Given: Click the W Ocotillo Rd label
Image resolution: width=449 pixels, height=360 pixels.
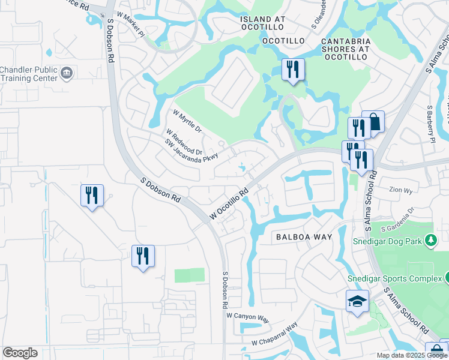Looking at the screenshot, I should coord(229,204).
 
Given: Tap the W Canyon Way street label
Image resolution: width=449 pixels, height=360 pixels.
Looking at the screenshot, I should coord(249,316).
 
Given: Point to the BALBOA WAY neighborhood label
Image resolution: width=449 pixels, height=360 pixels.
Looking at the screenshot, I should coord(304,237).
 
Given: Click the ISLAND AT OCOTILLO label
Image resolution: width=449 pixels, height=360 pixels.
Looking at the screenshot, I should coord(271,19).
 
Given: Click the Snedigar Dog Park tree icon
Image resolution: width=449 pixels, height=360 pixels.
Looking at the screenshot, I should coord(430,241).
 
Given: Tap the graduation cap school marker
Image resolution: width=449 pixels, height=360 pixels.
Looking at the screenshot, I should coord(357,301).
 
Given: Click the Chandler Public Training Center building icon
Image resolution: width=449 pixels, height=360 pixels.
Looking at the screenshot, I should coord(67,74).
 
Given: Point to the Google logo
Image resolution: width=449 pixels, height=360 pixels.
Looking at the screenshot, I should coord(20,353).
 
